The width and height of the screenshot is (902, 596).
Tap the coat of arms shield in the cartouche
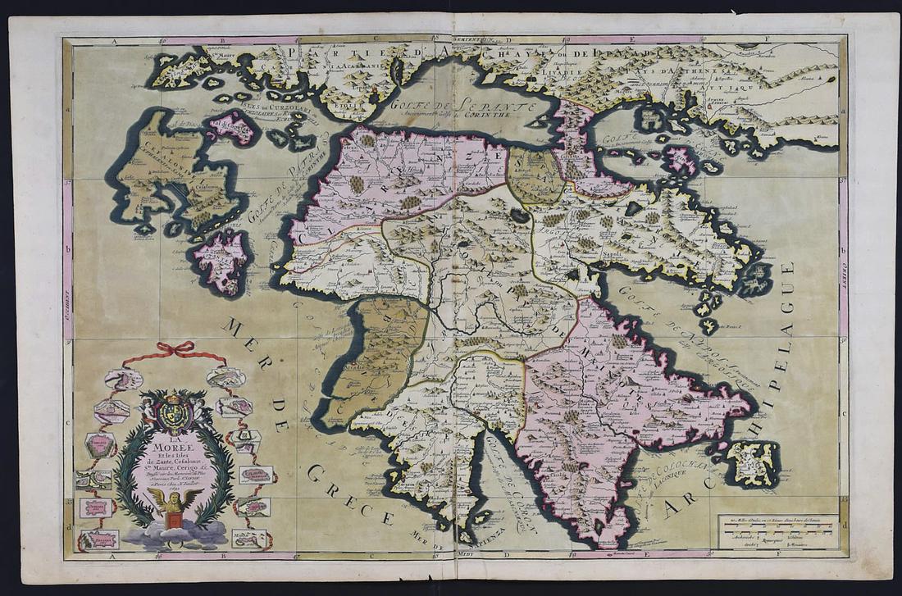tap(174, 413)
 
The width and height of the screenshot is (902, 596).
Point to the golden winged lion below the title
tap(173, 503)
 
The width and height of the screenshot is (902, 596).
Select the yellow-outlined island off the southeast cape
tap(754, 464)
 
